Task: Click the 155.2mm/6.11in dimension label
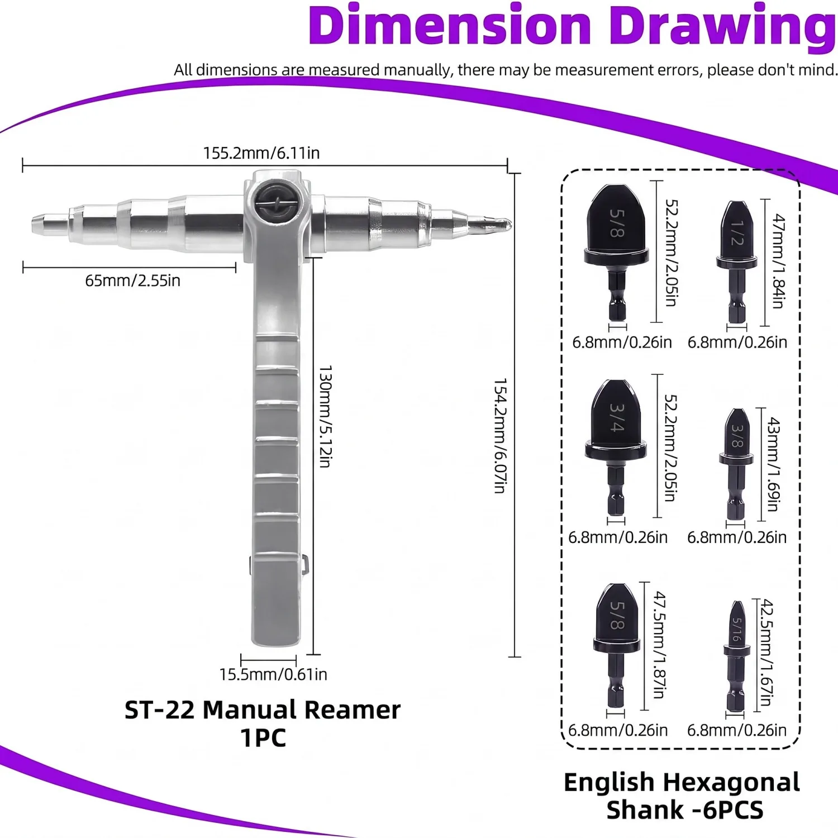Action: click(x=261, y=153)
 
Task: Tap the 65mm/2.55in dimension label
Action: click(x=133, y=280)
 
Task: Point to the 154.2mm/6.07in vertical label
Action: click(x=500, y=436)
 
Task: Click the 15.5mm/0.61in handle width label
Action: click(x=273, y=674)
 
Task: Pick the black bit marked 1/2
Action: click(x=737, y=263)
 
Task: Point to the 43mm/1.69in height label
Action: click(x=773, y=464)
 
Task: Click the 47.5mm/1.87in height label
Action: click(x=660, y=645)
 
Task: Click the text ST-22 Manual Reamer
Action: click(x=263, y=710)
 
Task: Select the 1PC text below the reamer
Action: click(x=263, y=738)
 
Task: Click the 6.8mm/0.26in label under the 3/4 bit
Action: click(x=618, y=537)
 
